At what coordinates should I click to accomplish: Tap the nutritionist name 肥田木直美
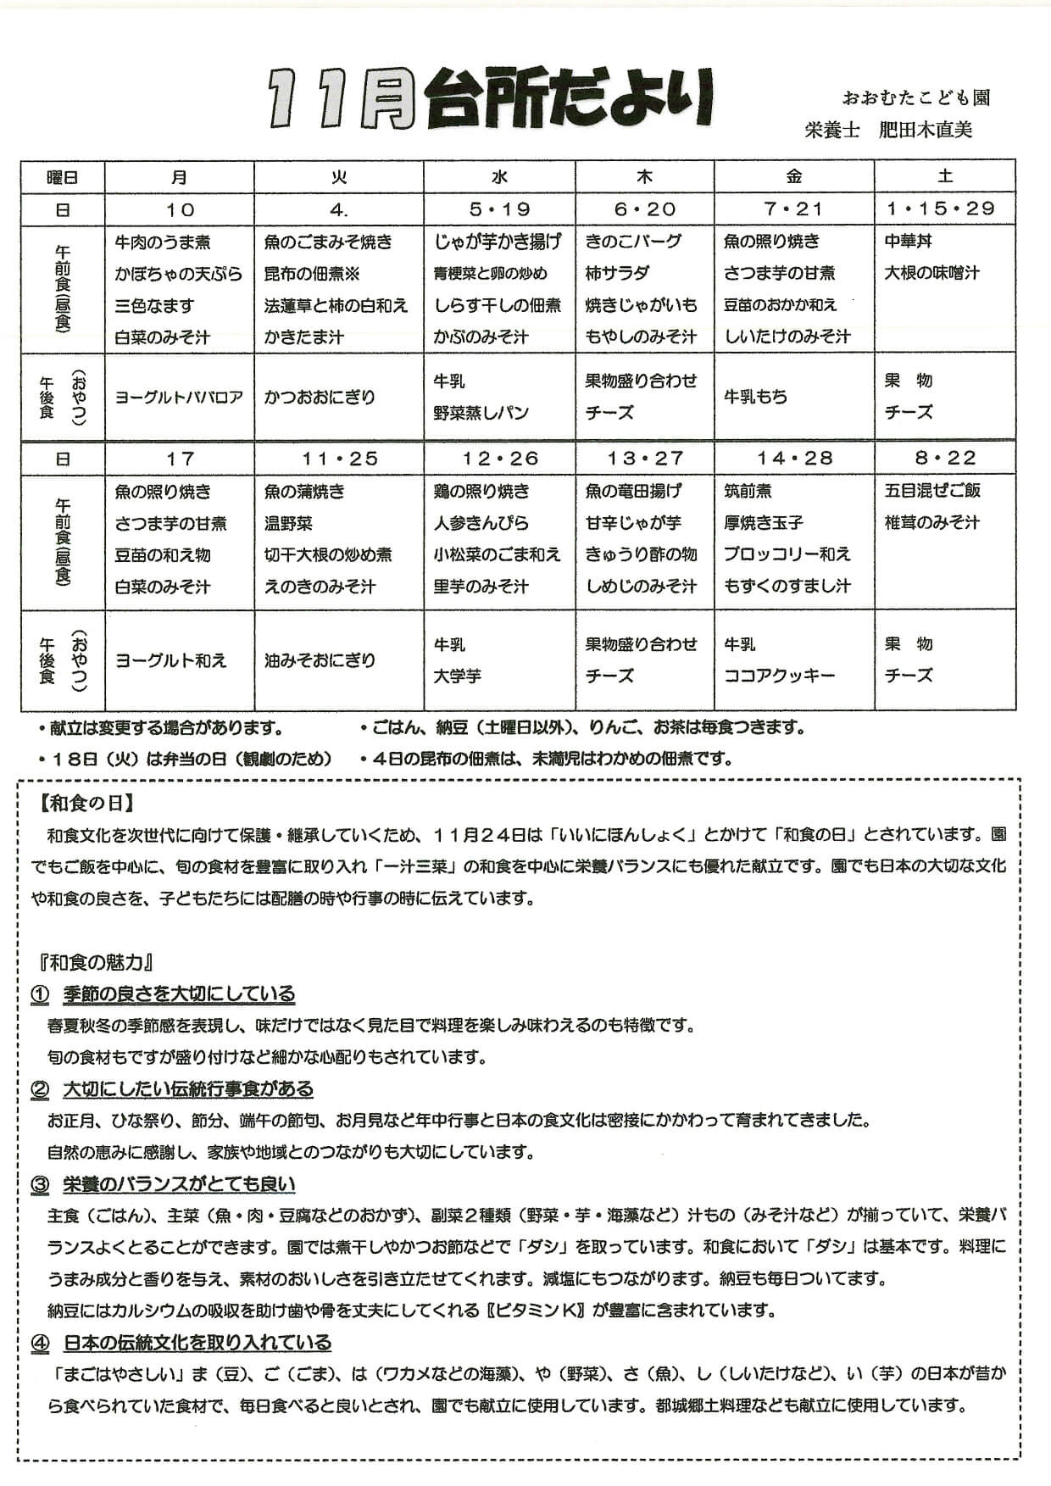tap(926, 131)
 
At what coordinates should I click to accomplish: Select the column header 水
tap(499, 177)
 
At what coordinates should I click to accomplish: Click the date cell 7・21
tap(793, 209)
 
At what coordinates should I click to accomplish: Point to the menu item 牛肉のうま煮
tap(163, 242)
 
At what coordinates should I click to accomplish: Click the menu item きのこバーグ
tap(633, 242)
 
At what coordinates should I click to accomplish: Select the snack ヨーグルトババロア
tap(179, 397)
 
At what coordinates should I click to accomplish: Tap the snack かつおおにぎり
tap(320, 397)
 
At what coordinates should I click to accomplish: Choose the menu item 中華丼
tap(908, 242)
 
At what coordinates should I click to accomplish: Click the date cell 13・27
tap(644, 459)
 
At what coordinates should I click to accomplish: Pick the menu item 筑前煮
tap(748, 491)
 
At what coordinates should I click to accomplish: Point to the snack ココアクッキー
tap(779, 676)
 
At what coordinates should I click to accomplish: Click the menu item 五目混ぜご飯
tap(932, 491)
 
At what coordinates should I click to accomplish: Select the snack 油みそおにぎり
tap(320, 660)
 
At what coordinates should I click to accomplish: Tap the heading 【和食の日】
tap(87, 803)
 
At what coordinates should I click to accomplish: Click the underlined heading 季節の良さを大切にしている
tap(179, 993)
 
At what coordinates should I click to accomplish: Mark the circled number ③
tap(40, 1185)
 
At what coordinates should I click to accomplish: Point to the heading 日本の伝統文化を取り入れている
tap(197, 1343)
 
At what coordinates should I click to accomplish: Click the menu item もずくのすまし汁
tap(787, 586)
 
